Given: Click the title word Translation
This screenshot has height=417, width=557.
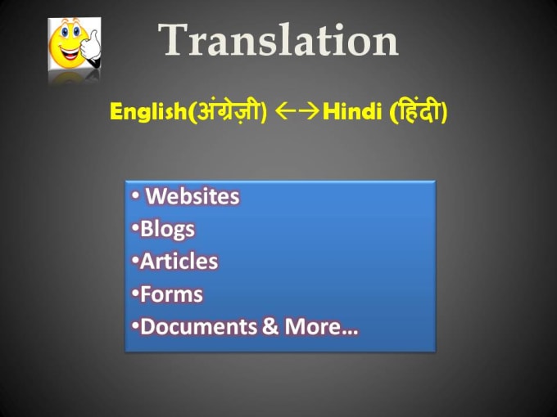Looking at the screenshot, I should click(278, 39).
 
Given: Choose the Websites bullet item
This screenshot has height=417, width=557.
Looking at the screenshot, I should click(192, 196).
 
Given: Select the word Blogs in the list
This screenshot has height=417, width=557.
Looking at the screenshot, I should click(167, 229).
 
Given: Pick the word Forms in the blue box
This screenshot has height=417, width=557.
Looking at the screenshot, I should click(171, 294).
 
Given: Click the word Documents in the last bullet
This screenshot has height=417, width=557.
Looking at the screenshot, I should click(200, 327).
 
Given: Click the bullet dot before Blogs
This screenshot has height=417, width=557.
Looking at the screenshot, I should click(134, 230).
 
